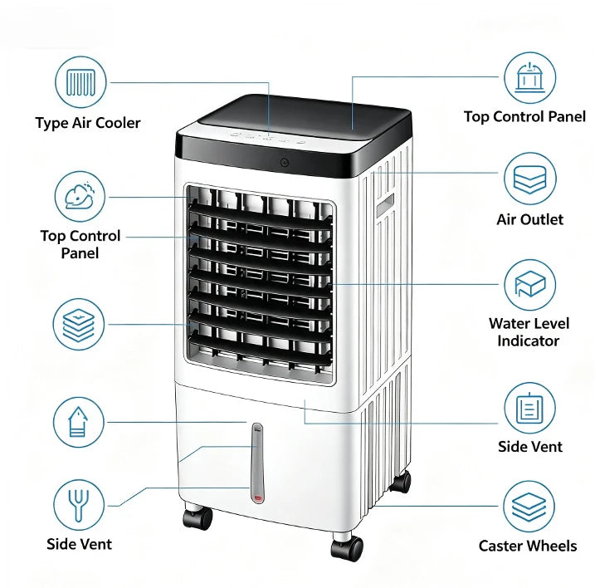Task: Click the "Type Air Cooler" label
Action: [88, 123]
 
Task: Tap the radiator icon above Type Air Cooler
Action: [80, 82]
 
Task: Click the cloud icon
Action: [80, 196]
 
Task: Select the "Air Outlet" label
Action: [529, 219]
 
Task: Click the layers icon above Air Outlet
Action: [529, 179]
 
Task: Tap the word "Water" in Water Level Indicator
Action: [507, 324]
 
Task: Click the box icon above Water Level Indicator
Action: [529, 285]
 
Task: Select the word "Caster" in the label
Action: [501, 546]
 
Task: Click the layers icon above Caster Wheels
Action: [529, 507]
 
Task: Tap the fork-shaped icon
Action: [79, 505]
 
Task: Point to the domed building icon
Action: [529, 77]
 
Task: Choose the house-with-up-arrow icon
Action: [79, 422]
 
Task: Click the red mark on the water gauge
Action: [258, 497]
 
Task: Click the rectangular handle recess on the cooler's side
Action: [385, 204]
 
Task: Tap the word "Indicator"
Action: [529, 341]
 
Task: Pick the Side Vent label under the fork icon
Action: [79, 544]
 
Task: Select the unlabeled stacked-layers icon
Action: [78, 324]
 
